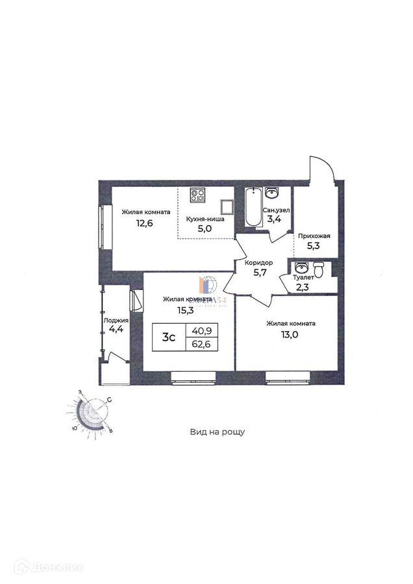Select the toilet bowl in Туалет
pyautogui.click(x=318, y=269)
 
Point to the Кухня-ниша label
pyautogui.click(x=205, y=219)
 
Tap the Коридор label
pyautogui.click(x=258, y=262)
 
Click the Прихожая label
pyautogui.click(x=314, y=236)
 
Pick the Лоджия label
pyautogui.click(x=116, y=321)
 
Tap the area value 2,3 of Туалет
pyautogui.click(x=303, y=288)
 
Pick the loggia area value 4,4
pyautogui.click(x=116, y=330)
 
